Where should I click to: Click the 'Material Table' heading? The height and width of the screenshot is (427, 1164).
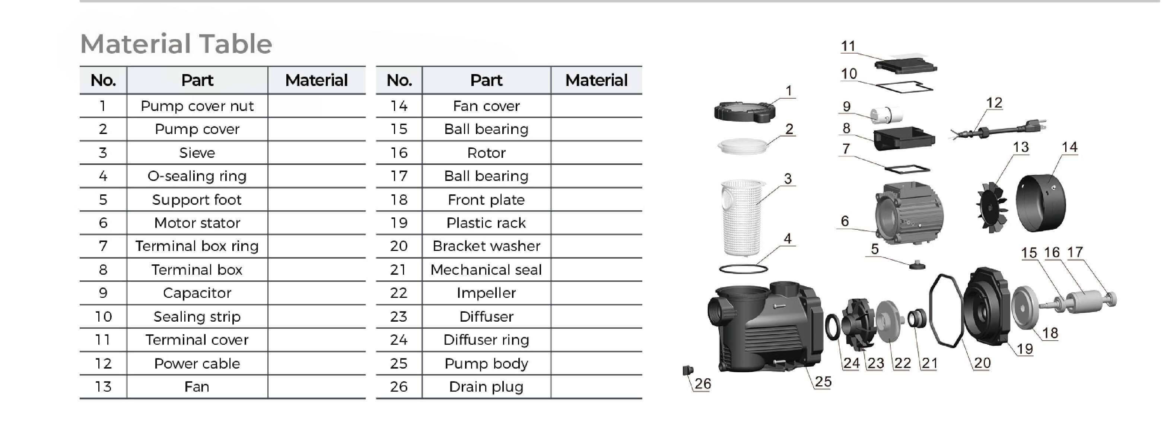[x=176, y=44]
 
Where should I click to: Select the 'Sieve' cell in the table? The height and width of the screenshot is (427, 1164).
[x=197, y=153]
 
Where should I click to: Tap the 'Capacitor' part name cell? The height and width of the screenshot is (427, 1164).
[x=197, y=293]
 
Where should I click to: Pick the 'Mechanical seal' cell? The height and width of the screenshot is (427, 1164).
[x=486, y=270]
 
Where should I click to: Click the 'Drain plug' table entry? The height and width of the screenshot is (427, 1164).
[x=486, y=387]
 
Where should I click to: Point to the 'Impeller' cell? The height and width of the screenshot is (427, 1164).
[x=486, y=293]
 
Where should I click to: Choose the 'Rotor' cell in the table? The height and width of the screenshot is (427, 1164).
[x=486, y=153]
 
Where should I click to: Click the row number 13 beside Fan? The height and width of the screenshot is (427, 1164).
[x=103, y=387]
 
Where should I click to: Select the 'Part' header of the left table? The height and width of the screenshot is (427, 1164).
[x=197, y=80]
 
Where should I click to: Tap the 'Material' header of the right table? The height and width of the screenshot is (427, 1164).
[x=596, y=80]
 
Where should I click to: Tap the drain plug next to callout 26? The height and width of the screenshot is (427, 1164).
[x=688, y=370]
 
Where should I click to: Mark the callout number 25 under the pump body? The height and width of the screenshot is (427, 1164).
[x=823, y=382]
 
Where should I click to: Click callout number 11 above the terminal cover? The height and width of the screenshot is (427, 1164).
[x=848, y=46]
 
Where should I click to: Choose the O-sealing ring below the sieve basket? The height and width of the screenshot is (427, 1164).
[x=743, y=269]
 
